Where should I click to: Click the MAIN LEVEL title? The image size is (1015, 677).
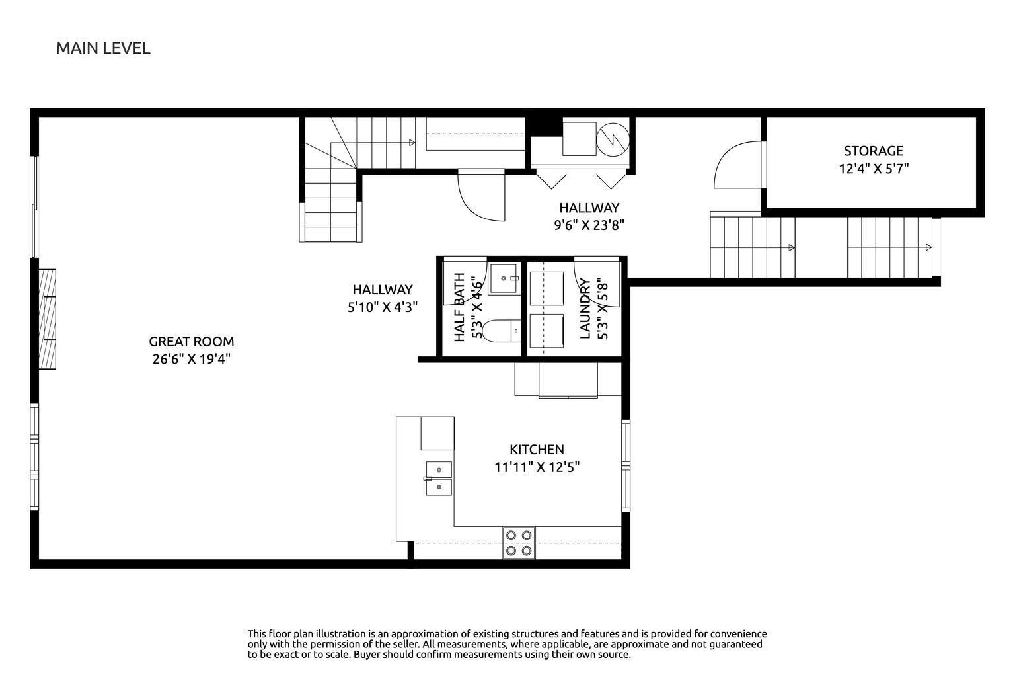pos(103,48)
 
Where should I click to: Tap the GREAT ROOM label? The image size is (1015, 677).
pos(191,341)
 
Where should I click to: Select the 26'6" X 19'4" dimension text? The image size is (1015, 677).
pos(191,359)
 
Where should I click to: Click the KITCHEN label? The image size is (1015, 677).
pos(537,450)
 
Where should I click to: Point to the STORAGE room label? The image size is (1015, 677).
pos(874,151)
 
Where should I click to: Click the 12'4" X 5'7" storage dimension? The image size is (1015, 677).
pos(874,169)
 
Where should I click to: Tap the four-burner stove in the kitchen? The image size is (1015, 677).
pos(519,543)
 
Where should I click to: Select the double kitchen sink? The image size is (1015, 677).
pos(439,479)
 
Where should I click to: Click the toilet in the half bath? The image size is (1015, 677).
pos(501,331)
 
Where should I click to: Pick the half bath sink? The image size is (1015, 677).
pos(504,278)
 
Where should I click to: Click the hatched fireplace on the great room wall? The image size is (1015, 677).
pos(47,319)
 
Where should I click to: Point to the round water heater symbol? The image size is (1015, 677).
pos(613,139)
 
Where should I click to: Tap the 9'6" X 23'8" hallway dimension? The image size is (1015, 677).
pos(589,225)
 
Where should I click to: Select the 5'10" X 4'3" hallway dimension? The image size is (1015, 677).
pos(383,307)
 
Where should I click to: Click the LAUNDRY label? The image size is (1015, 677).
pos(585,308)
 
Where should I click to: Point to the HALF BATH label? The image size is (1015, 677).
pos(459,307)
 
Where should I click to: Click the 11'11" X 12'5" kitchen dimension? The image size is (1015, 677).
pos(537,467)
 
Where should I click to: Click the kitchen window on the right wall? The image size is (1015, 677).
pos(625,465)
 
